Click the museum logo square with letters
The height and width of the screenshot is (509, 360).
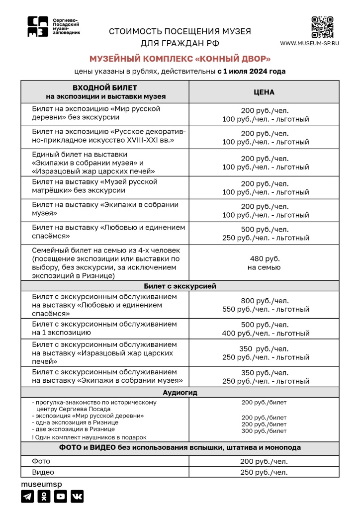point(38,27)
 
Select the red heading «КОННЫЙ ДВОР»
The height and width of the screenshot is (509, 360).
point(180,59)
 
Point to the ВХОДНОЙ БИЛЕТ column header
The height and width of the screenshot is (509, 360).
point(105,92)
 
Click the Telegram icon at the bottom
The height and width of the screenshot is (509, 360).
point(27,496)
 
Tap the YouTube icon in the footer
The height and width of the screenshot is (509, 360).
point(61,496)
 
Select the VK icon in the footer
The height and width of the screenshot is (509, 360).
point(77,496)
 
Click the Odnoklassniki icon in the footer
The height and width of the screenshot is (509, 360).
point(44,496)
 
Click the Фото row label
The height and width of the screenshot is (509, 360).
point(41,461)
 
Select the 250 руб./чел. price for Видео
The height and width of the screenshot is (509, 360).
point(264,472)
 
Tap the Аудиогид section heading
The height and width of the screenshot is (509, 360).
point(180,393)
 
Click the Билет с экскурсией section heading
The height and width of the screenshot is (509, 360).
point(180,286)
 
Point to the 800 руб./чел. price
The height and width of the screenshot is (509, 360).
point(264,300)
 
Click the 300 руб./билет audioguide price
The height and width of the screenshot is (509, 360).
point(264,431)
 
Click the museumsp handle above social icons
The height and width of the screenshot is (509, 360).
point(41,484)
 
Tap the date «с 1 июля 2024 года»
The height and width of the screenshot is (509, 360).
point(251,71)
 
